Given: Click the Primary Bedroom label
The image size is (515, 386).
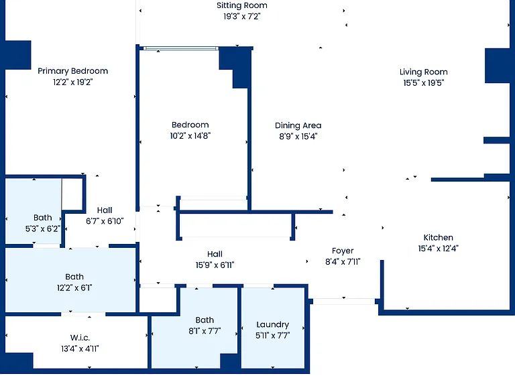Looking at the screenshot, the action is click(x=72, y=71).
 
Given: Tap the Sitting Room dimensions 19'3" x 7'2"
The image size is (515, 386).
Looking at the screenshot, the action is click(x=241, y=16).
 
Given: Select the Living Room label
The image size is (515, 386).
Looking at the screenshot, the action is click(x=423, y=72).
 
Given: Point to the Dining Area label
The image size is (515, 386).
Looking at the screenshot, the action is click(x=298, y=125).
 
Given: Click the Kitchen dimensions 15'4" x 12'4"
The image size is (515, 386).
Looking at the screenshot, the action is click(x=438, y=249).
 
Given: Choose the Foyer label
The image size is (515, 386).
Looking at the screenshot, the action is click(x=343, y=251).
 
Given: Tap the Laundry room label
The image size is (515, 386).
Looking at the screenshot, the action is click(x=273, y=324).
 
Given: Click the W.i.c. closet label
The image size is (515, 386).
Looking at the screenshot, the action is click(x=80, y=338).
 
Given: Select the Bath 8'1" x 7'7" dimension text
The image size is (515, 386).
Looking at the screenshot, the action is click(x=205, y=331).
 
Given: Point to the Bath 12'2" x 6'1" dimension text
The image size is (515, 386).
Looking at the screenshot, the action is click(x=74, y=288).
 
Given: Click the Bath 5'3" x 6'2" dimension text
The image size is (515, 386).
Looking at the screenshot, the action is click(x=43, y=229).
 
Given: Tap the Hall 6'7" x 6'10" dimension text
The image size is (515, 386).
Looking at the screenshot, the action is click(x=105, y=221).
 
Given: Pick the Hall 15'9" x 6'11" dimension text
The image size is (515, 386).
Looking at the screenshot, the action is click(x=215, y=265).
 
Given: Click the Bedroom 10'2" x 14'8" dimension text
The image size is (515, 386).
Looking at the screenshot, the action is click(x=190, y=136).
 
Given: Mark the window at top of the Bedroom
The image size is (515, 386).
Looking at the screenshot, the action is click(x=180, y=48).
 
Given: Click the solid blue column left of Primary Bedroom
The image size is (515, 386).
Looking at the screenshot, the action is click(x=17, y=55).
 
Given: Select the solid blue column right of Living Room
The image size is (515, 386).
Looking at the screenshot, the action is click(x=498, y=66).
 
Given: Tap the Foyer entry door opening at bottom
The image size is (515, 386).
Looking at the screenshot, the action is click(x=343, y=302).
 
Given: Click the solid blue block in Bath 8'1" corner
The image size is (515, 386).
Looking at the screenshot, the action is click(x=230, y=362).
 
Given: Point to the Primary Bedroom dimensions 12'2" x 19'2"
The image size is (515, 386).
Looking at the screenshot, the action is click(x=72, y=82).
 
